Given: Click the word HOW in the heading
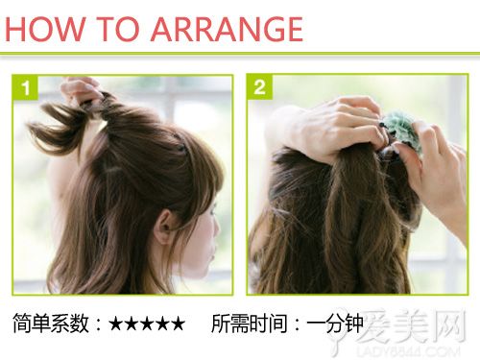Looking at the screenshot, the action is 45,29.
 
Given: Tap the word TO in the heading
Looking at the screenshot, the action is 118,29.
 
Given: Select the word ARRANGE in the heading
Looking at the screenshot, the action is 227,29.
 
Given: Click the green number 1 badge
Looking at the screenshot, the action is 25,87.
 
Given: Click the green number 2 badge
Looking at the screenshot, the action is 259,87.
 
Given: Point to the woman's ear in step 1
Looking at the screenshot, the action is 163,227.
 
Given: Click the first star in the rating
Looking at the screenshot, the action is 115,324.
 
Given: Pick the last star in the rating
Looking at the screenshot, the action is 179,324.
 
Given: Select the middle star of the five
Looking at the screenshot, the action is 147,324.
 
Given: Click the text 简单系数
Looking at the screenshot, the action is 51,324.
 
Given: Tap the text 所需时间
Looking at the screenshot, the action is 250,324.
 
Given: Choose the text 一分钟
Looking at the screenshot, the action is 335,324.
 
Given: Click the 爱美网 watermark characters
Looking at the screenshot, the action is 411,325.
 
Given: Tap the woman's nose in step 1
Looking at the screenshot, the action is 217,228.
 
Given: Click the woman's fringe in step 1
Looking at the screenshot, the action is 199,180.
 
